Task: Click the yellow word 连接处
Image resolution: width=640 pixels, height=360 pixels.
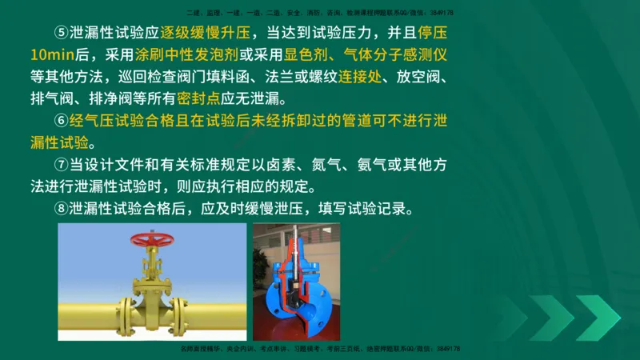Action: coord(358,78)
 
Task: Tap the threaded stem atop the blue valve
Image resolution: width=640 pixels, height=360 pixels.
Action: coord(294,238)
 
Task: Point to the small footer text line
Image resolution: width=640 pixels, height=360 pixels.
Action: coord(320,350)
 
